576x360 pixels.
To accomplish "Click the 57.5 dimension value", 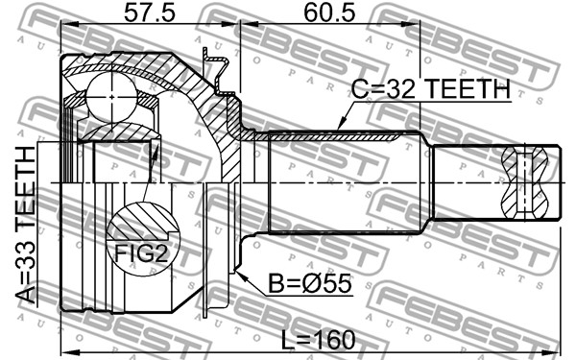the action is click(150, 13).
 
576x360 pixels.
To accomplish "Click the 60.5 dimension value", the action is click(329, 13).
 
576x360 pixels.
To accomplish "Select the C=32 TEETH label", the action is click(430, 89).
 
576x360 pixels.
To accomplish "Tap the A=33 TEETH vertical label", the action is click(26, 225).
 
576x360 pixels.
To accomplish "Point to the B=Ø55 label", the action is click(310, 283).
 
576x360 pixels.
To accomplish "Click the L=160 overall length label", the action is click(319, 340).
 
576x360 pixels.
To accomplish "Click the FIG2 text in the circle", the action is click(141, 253).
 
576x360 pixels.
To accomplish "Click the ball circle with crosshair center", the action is click(111, 97).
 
